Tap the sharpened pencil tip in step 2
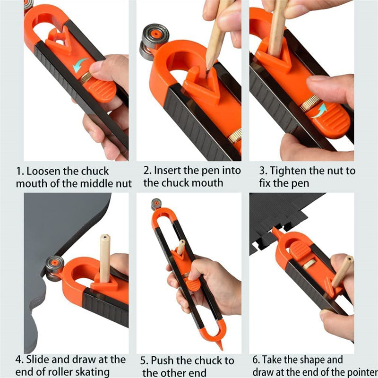[207, 69]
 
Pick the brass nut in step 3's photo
[310, 103]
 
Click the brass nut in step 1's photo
[86, 78]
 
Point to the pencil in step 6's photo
[341, 271]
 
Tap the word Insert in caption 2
[168, 170]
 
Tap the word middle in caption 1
[96, 183]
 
